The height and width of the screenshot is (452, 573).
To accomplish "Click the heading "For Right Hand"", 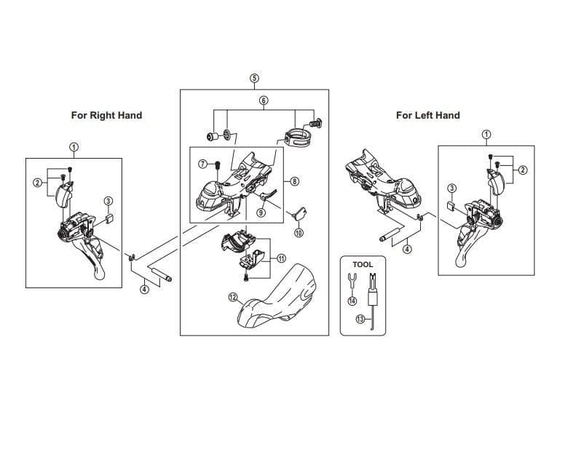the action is pos(106,116).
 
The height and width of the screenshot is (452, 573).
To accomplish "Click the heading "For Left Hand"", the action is pos(428,116).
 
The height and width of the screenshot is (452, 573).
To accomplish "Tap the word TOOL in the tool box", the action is pos(363,264).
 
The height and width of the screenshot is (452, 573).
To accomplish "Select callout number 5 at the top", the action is pos(254,78).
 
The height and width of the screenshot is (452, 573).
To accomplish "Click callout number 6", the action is pos(264,100).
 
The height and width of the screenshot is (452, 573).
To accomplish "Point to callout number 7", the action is pos(203,164).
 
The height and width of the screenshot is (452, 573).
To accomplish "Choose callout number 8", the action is pos(295,181).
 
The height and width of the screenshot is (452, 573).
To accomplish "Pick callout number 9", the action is pos(261,213).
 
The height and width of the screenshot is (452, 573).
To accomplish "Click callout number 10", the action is pos(299,233).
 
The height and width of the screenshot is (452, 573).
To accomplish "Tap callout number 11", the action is pos(281,258).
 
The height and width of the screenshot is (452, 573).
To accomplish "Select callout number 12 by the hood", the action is pos(233,297).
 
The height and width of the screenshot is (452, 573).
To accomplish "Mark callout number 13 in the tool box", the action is pos(360,319).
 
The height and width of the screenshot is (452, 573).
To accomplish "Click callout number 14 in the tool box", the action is pos(352,301).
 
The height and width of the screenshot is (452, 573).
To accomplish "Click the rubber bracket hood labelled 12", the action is pos(277,296).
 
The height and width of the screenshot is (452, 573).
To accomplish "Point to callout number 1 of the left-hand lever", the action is pos(486,135).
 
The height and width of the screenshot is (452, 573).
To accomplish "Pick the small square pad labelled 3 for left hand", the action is pos(451,205).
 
